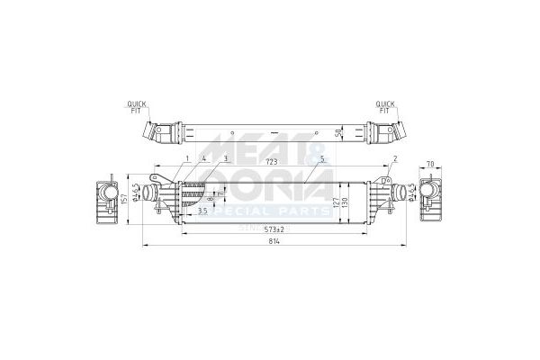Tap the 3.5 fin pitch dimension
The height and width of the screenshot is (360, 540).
point(202,211)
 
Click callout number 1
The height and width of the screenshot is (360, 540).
point(186,158)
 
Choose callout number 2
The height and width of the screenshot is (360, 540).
point(395,158)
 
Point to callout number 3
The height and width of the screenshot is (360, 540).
point(226,158)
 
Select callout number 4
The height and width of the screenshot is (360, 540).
point(205,158)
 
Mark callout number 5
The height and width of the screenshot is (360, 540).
point(320,158)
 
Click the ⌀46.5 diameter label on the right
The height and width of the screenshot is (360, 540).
point(410,193)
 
